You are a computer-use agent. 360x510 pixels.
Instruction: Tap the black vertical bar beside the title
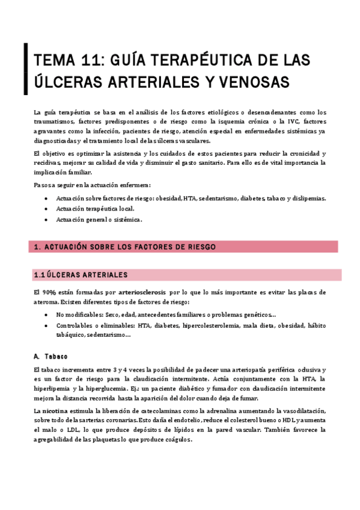[x=25, y=70]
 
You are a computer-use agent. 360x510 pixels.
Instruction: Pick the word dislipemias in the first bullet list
[x=307, y=198]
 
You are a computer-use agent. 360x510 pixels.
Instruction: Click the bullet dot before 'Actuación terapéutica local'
[x=47, y=209]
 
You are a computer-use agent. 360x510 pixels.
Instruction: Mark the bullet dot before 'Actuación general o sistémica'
[x=47, y=220]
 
